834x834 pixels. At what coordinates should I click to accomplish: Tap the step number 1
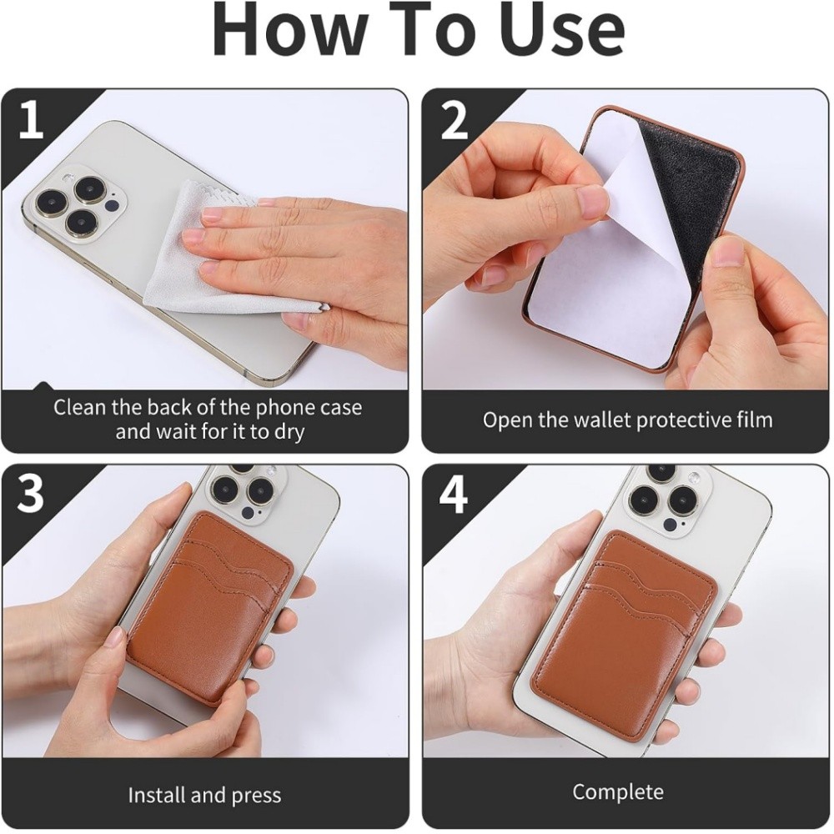pyautogui.click(x=31, y=120)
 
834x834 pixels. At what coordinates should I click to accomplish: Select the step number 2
pyautogui.click(x=455, y=120)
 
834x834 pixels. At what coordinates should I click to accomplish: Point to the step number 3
pyautogui.click(x=31, y=494)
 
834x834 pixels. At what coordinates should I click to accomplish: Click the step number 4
pyautogui.click(x=454, y=494)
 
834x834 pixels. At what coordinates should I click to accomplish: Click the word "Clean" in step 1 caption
pyautogui.click(x=82, y=408)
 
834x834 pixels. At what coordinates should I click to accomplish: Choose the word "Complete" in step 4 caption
pyautogui.click(x=618, y=792)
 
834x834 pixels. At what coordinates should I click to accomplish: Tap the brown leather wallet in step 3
pyautogui.click(x=210, y=606)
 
